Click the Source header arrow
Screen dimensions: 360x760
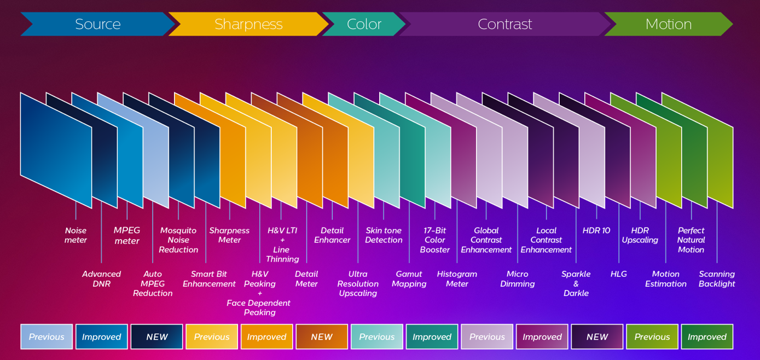[x=97, y=24]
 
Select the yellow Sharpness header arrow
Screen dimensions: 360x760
[x=248, y=24]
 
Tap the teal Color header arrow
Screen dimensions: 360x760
[x=364, y=24]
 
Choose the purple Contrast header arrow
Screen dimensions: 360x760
[x=504, y=24]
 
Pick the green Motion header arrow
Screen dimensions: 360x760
[x=668, y=24]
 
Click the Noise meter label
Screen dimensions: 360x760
[x=76, y=235]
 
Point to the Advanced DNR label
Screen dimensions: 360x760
[x=101, y=278]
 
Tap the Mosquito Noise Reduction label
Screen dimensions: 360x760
[x=178, y=240]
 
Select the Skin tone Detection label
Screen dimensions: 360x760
[x=384, y=235]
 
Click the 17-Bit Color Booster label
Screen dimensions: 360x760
[x=435, y=240]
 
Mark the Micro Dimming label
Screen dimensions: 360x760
[x=517, y=278]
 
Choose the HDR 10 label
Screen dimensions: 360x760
[x=596, y=230]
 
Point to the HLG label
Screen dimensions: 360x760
[x=619, y=274]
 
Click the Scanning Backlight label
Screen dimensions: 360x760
[x=717, y=278]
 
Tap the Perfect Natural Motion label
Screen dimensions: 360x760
[x=691, y=240]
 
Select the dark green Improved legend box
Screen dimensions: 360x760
[x=707, y=336]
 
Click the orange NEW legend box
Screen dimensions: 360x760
[x=322, y=336]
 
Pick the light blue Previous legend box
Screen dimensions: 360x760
[x=47, y=336]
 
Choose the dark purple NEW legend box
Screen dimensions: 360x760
[x=597, y=336]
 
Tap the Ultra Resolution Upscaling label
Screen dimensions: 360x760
[x=358, y=283]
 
